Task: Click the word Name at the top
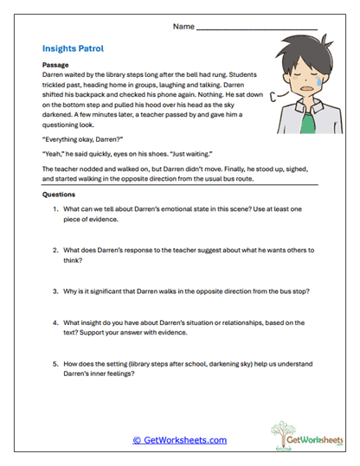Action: pos(183,28)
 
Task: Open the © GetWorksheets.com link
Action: pos(180,440)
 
